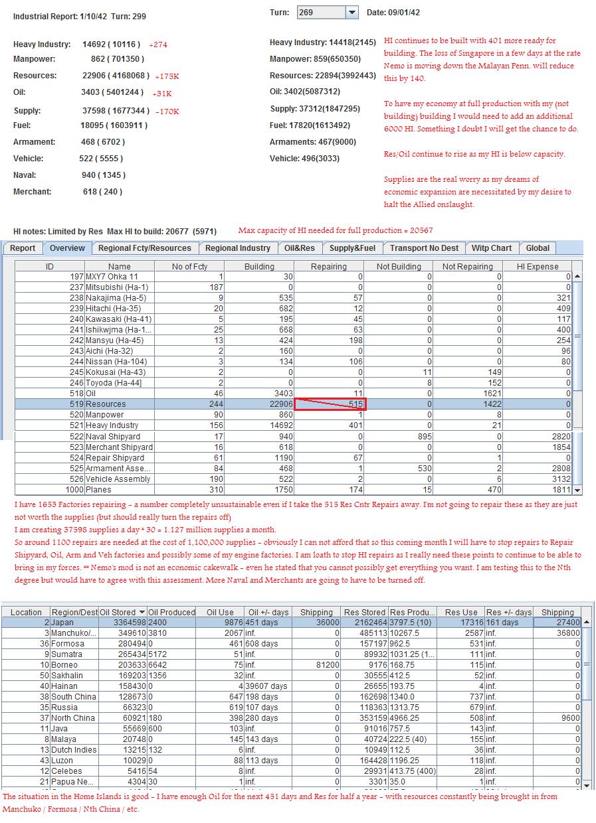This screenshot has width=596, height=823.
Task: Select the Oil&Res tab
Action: point(300,248)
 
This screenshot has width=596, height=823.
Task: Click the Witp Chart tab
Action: point(492,248)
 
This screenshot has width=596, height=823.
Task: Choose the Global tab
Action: point(538,248)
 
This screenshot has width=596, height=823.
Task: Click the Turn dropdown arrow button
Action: point(352,13)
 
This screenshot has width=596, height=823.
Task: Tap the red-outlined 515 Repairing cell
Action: point(330,404)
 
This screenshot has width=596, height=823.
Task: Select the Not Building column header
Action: point(399,266)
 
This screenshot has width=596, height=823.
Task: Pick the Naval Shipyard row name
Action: point(113,437)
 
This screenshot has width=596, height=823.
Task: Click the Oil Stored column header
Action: point(122,613)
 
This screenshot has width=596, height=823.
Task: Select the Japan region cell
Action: point(62,623)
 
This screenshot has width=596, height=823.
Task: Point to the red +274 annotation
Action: point(158,44)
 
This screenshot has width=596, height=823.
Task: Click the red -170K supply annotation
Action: point(167,112)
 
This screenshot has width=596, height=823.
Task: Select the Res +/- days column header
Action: point(509,613)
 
